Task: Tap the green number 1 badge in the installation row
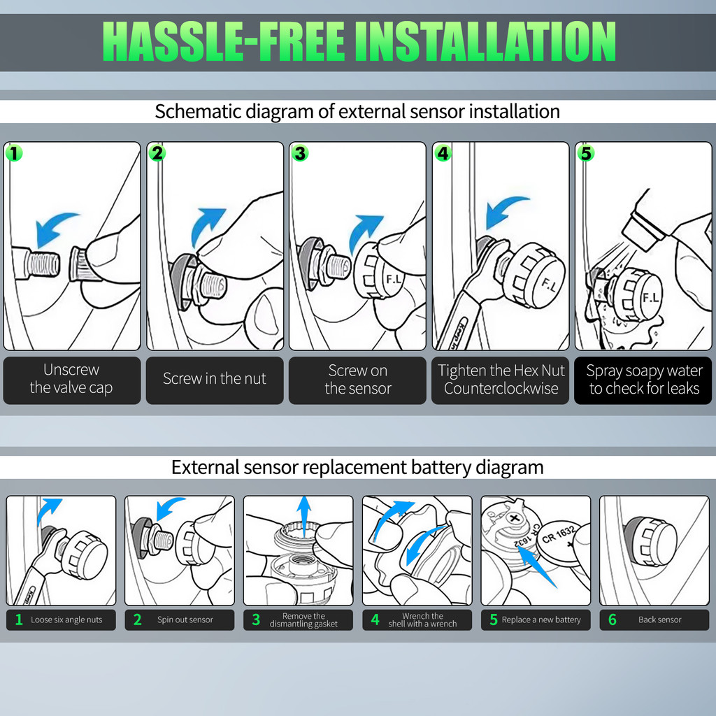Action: [14, 153]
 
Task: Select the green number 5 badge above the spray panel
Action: [586, 153]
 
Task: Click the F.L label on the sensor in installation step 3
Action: [394, 279]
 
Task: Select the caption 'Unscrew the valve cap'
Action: [71, 378]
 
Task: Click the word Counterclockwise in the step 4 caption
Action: [501, 389]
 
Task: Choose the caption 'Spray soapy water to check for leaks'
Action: [644, 380]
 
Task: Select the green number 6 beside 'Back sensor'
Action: [613, 620]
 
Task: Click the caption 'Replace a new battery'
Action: [541, 620]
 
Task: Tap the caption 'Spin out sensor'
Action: [185, 620]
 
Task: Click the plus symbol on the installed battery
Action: [515, 518]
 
